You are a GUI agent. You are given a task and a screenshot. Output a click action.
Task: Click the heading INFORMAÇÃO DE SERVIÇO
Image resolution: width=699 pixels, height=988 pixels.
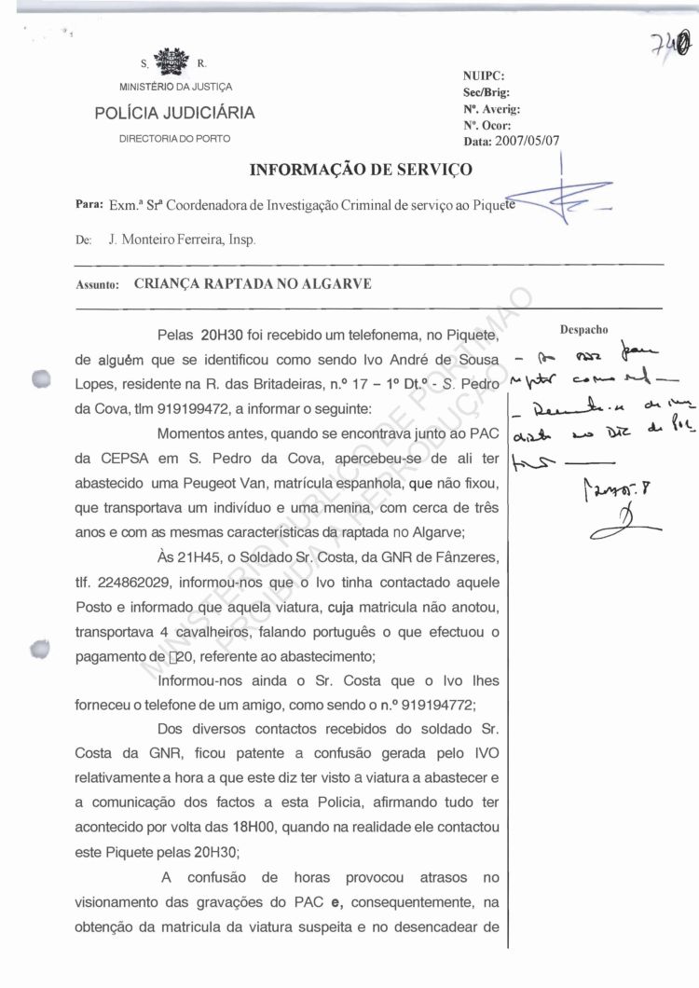coord(361,170)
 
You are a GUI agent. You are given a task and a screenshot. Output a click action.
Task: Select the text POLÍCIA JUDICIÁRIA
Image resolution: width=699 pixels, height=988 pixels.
coord(174,114)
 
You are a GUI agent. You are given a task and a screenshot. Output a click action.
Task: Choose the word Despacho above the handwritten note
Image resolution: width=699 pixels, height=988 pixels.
coord(583,330)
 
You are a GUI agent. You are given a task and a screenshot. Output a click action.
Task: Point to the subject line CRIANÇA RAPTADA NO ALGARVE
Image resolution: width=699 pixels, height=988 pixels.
coord(253,285)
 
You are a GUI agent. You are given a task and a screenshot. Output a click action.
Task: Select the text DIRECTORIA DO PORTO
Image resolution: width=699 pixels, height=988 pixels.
coord(174,139)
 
